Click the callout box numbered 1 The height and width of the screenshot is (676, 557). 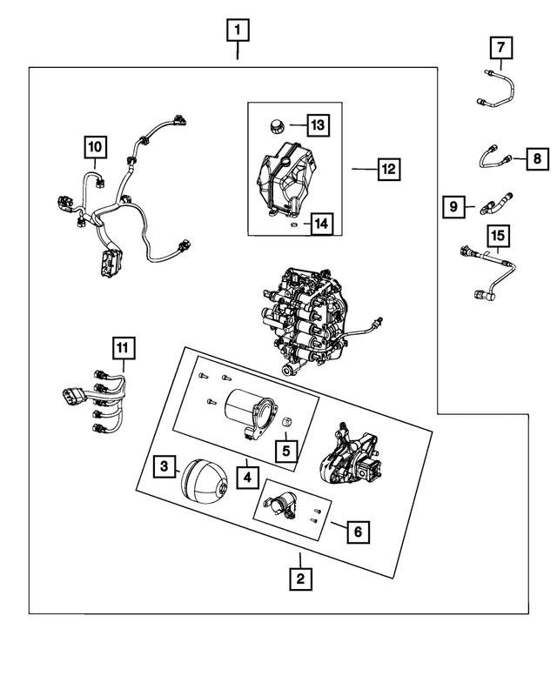click(237, 31)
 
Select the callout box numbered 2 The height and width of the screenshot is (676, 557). click(300, 577)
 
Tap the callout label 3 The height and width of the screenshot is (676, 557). click(164, 467)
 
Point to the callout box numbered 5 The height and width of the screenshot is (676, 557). click(284, 451)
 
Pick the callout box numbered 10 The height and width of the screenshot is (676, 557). click(95, 148)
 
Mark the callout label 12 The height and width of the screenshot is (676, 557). click(388, 169)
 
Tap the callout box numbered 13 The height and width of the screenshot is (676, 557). click(318, 125)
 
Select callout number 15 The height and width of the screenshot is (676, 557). click(497, 235)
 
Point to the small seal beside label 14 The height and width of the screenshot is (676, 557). click(294, 224)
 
